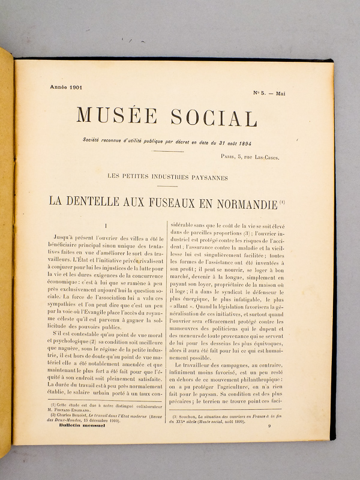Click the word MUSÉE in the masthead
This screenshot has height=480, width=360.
point(116,116)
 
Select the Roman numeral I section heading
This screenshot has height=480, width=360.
point(106,227)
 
